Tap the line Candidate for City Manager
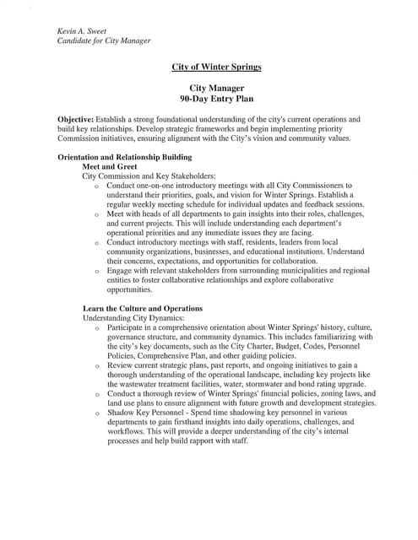pos(104,40)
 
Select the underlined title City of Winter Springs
pos(217,67)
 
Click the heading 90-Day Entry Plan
pos(217,99)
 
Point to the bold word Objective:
pos(76,120)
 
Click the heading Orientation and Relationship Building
pos(124,156)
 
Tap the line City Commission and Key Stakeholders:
pos(149,176)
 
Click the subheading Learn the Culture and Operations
pos(142,309)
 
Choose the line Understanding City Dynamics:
pos(127,319)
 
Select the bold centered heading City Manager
pos(217,88)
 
